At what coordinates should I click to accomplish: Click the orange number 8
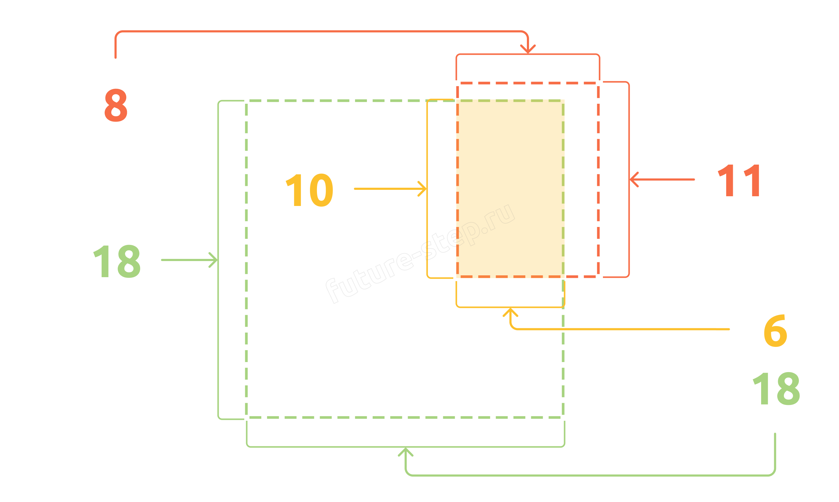tap(116, 105)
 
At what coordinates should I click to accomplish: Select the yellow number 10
tap(309, 190)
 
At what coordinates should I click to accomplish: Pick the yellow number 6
tap(776, 330)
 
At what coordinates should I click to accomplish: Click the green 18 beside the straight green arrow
tap(117, 261)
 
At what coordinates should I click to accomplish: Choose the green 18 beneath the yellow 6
tap(776, 389)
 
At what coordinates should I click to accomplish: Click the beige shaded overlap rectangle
tap(510, 189)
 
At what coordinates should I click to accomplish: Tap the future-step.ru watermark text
tap(420, 254)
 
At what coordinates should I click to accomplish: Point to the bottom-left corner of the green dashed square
tap(246, 417)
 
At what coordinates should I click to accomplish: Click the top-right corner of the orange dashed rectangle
tap(598, 83)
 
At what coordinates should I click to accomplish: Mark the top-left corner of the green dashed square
tap(246, 100)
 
